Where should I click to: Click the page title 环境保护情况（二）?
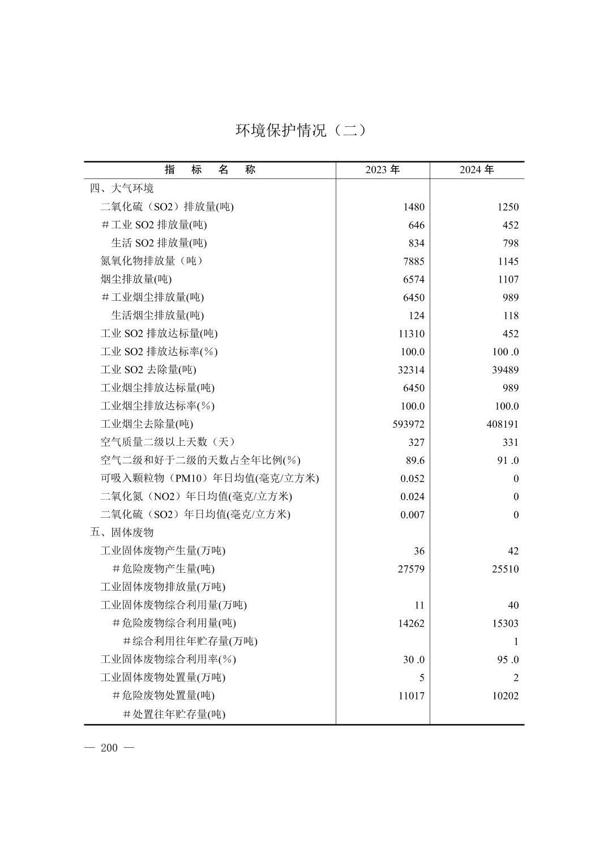301,131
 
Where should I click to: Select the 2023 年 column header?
382,170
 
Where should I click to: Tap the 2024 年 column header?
477,170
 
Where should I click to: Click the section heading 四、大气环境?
122,188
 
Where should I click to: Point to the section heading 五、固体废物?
122,532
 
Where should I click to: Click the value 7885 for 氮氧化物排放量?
413,262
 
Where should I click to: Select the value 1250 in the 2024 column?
508,207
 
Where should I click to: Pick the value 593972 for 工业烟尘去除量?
408,424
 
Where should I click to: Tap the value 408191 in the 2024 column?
502,424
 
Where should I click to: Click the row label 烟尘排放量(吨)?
136,279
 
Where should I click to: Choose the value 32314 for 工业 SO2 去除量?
411,370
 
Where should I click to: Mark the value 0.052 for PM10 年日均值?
412,479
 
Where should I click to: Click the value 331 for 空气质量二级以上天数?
510,442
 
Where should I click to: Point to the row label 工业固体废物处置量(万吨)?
163,677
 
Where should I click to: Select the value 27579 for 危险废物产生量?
411,569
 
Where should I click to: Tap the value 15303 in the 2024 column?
505,624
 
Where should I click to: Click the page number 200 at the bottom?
109,748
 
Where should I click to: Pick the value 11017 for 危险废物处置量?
411,696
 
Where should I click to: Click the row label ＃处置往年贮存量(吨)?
174,714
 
